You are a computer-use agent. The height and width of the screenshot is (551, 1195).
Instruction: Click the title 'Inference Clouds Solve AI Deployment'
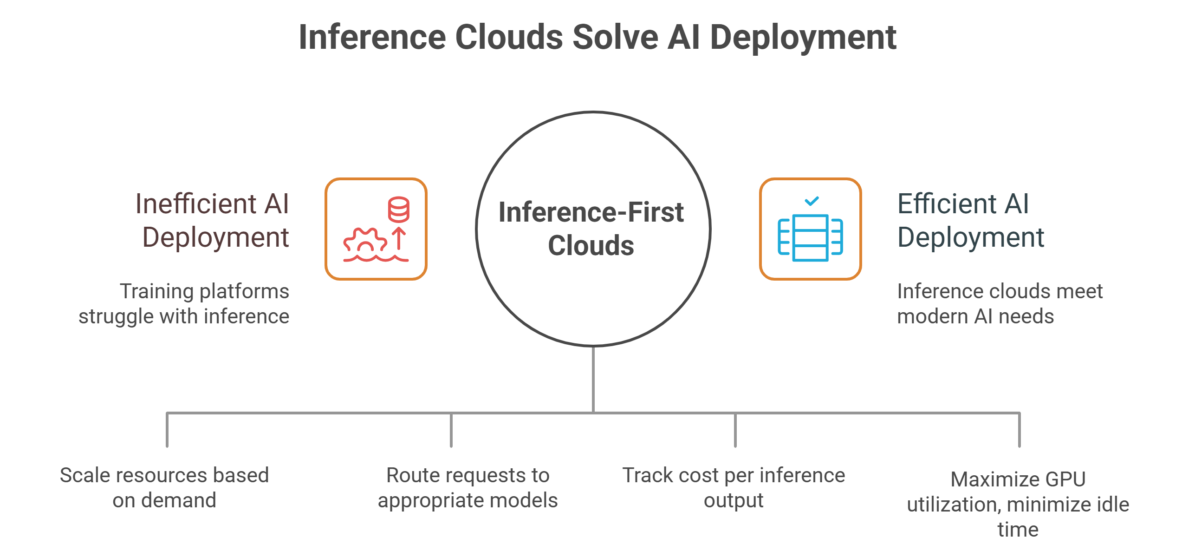(x=597, y=37)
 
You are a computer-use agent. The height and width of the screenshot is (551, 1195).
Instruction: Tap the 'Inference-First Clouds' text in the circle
(x=591, y=229)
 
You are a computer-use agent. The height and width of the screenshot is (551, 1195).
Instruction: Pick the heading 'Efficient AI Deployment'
(x=970, y=221)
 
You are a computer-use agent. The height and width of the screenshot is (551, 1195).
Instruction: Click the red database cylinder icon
(x=398, y=209)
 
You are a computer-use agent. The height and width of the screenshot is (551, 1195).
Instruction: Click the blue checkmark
(x=812, y=201)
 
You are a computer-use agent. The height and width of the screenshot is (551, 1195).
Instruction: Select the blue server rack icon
(x=810, y=238)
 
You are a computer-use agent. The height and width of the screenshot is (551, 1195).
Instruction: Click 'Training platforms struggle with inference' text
(x=184, y=304)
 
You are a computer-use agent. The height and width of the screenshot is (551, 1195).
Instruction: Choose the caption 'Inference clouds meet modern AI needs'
(x=999, y=304)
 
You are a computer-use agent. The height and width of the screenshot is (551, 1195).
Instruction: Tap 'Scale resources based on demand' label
(x=164, y=488)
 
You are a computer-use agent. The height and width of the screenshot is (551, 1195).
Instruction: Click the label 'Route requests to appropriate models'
(x=468, y=488)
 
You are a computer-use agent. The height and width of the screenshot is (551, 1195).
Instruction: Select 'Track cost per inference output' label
(x=734, y=488)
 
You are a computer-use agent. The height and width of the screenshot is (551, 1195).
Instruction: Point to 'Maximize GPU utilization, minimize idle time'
(x=1018, y=505)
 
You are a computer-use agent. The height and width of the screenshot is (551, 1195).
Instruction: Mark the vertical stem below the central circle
(x=593, y=379)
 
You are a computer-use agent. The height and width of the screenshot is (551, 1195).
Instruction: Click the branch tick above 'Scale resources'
(x=167, y=430)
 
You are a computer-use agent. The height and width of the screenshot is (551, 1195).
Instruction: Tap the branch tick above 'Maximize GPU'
(x=1020, y=430)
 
